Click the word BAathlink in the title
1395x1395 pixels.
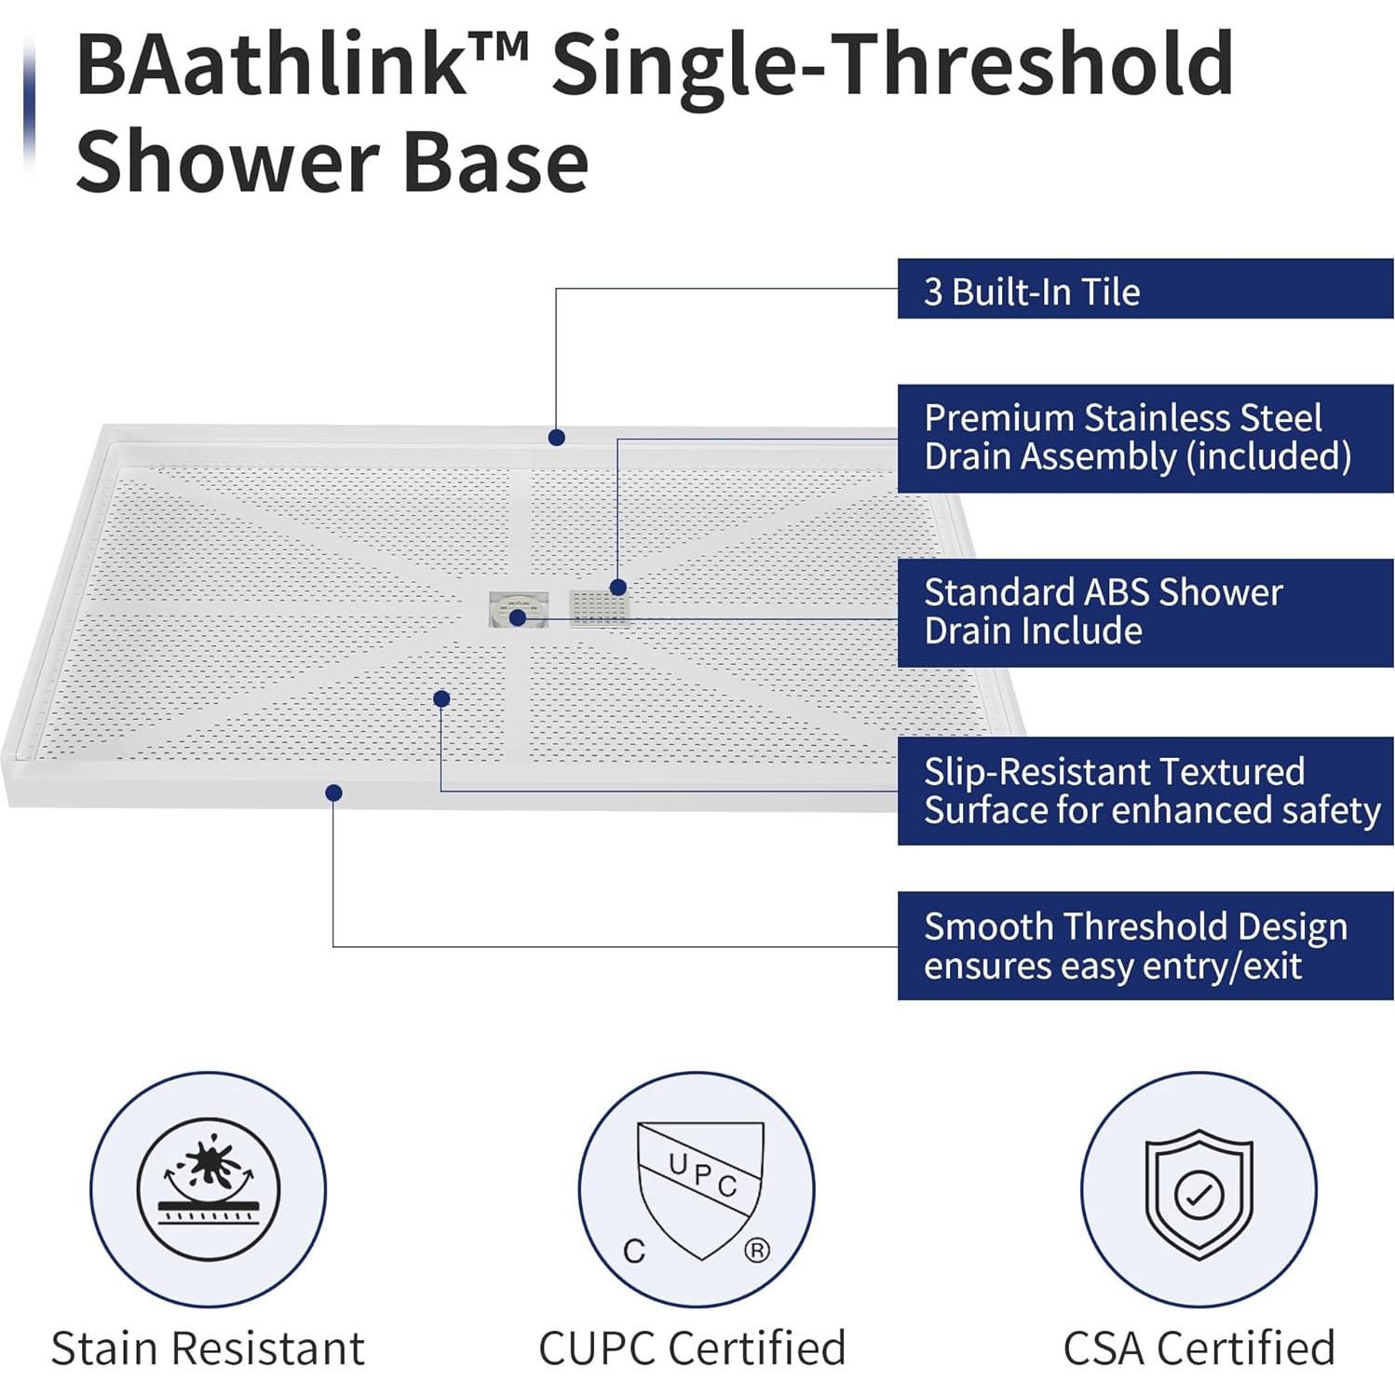[x=270, y=65]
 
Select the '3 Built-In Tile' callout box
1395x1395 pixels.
[x=1144, y=290]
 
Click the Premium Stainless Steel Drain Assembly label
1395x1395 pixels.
[x=1144, y=438]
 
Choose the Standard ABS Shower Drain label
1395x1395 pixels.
[x=1144, y=612]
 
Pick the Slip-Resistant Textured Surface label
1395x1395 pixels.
[x=1144, y=791]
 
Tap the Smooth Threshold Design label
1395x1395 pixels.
[x=1144, y=945]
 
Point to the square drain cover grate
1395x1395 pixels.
[x=599, y=608]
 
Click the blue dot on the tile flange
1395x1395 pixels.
[x=557, y=437]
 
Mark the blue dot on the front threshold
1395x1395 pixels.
[x=333, y=792]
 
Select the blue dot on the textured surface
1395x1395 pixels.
[x=441, y=698]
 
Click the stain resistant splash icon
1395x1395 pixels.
[x=208, y=1188]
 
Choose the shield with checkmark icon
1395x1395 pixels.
[x=1199, y=1192]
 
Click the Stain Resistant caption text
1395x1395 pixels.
[x=208, y=1348]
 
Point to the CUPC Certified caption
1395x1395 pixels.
[x=692, y=1348]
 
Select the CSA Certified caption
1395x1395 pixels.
[x=1199, y=1348]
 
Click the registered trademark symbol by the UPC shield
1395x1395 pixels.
[x=757, y=1250]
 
